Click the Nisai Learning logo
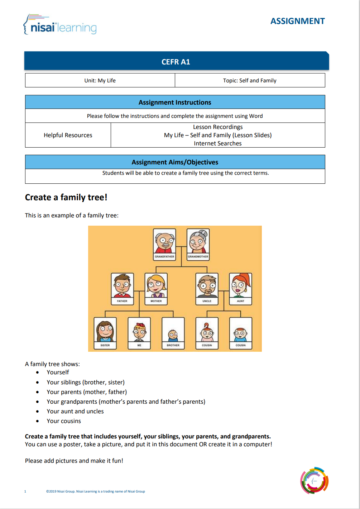[60, 25]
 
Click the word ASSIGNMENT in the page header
[297, 21]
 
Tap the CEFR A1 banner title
[176, 62]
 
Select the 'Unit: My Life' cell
[100, 81]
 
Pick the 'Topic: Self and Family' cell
[250, 81]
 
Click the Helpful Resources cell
[68, 135]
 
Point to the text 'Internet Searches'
[218, 143]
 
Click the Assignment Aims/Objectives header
[175, 162]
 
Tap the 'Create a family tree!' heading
[66, 197]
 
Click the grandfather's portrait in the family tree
[164, 241]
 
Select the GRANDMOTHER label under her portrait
[198, 256]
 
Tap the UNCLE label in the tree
[207, 301]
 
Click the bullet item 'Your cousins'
[64, 421]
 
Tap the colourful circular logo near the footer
[314, 480]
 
